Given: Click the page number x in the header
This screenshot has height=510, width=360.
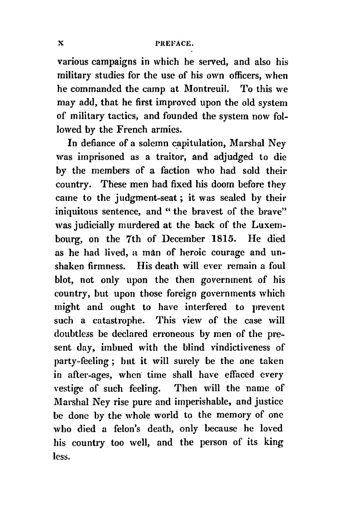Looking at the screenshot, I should (61, 43).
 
